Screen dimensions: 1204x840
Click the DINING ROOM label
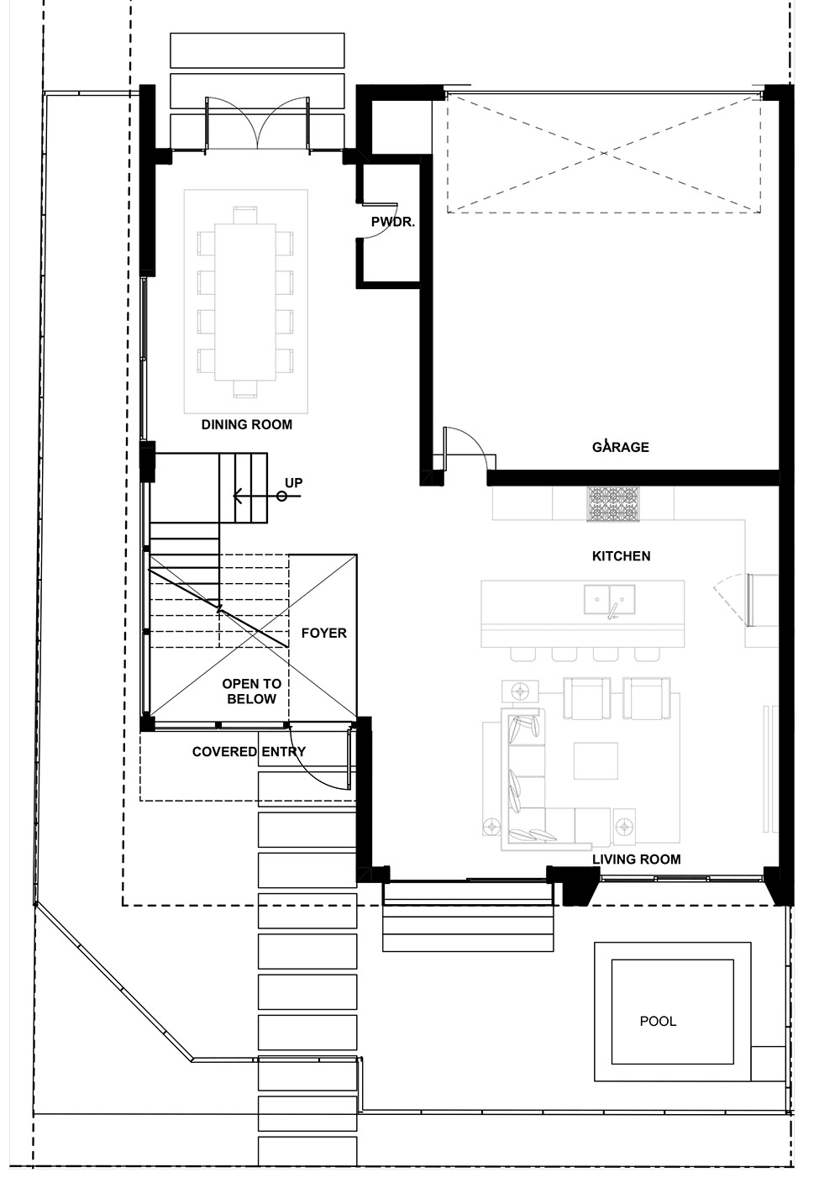(x=247, y=424)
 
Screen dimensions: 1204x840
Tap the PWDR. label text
(x=393, y=222)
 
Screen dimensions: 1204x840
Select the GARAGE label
(x=621, y=447)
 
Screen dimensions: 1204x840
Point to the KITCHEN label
(x=621, y=556)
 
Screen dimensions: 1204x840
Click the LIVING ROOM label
(x=636, y=859)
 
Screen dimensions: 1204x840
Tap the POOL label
(x=658, y=1022)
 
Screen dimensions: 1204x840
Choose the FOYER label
(x=323, y=633)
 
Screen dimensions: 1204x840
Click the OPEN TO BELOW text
(x=251, y=691)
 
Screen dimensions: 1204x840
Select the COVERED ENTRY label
(x=249, y=751)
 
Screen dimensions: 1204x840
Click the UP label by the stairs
(x=293, y=483)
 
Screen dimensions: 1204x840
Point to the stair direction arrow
(x=252, y=496)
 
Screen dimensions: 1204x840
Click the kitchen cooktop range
(x=612, y=504)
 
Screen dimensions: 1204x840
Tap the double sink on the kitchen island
(x=610, y=599)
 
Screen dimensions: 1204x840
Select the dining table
(x=244, y=302)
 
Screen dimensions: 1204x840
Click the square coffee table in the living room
(x=596, y=760)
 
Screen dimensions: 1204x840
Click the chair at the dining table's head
(x=244, y=213)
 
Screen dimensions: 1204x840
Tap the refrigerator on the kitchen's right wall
(x=763, y=600)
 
